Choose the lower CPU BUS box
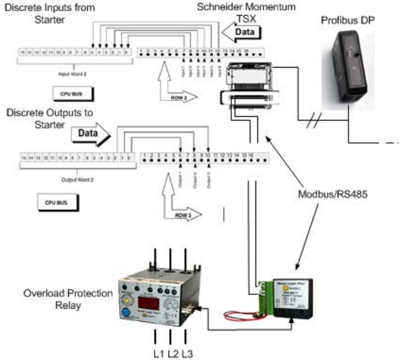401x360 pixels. pos(56,203)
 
